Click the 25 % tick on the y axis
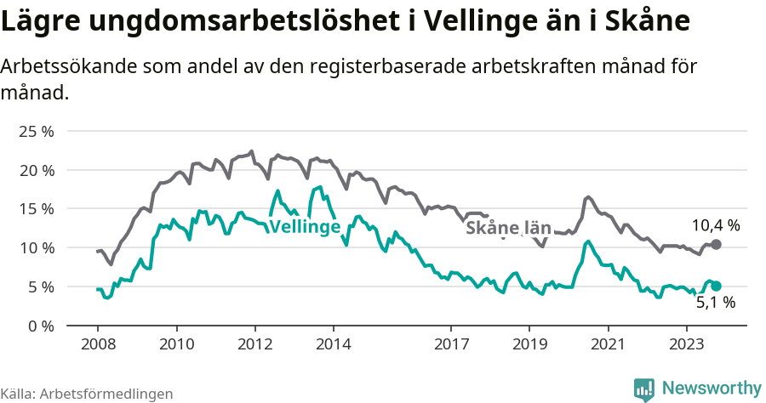pyautogui.click(x=36, y=132)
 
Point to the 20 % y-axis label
pyautogui.click(x=36, y=170)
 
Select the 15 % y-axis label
pyautogui.click(x=36, y=209)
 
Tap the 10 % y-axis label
pyautogui.click(x=36, y=248)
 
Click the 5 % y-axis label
pyautogui.click(x=40, y=287)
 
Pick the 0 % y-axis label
pyautogui.click(x=40, y=326)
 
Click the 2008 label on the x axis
pyautogui.click(x=98, y=344)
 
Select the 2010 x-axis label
pyautogui.click(x=176, y=344)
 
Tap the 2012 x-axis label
pyautogui.click(x=254, y=344)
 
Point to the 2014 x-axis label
pyautogui.click(x=333, y=344)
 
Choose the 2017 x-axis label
pyautogui.click(x=451, y=344)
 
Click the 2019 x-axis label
pyautogui.click(x=529, y=344)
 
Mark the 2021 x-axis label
pyautogui.click(x=608, y=344)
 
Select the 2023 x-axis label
pyautogui.click(x=686, y=344)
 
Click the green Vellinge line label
pyautogui.click(x=305, y=226)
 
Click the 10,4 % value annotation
pyautogui.click(x=715, y=225)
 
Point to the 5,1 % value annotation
pyautogui.click(x=715, y=302)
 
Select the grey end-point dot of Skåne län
pyautogui.click(x=717, y=244)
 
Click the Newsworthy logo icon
pyautogui.click(x=644, y=389)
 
